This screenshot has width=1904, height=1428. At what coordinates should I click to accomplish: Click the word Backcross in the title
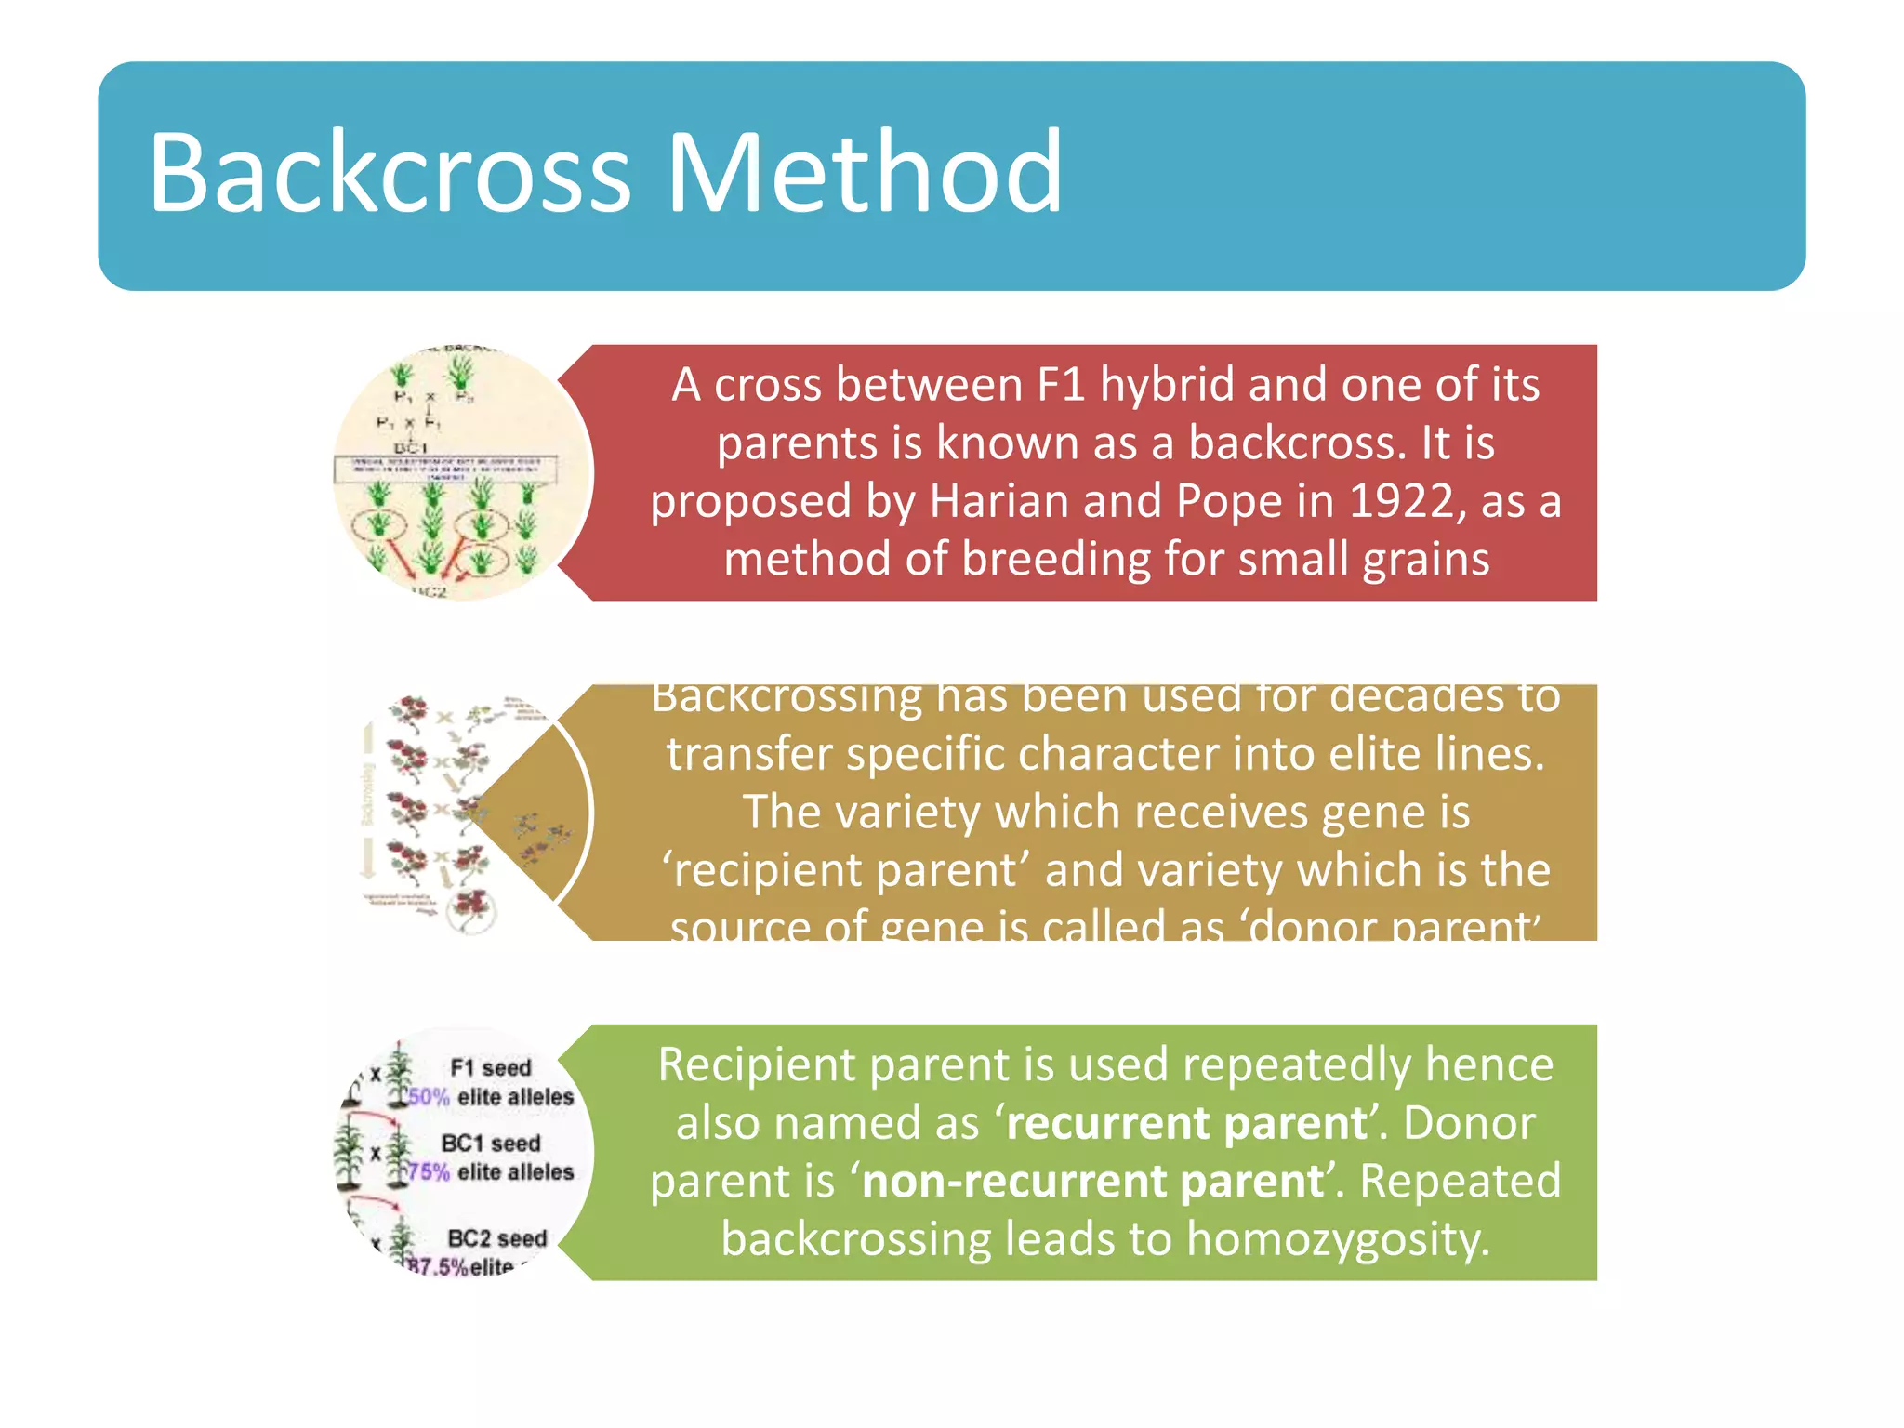pos(390,174)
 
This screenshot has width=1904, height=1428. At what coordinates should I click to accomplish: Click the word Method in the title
pos(865,174)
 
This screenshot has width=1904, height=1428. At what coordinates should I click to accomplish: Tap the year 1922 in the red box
pos(1404,501)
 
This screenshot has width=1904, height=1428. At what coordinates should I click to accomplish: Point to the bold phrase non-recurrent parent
pos(1093,1182)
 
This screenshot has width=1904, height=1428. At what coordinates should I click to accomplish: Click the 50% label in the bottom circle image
pos(429,1097)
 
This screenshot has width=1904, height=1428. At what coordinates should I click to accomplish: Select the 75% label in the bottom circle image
pos(429,1172)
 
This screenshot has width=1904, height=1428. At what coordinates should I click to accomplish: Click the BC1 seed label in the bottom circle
pos(490,1144)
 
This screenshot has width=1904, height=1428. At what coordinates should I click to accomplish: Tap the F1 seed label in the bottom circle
pos(490,1068)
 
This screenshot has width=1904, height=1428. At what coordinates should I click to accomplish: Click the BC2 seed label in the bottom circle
pos(496,1238)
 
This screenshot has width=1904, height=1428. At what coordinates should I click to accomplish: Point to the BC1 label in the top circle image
pos(410,448)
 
